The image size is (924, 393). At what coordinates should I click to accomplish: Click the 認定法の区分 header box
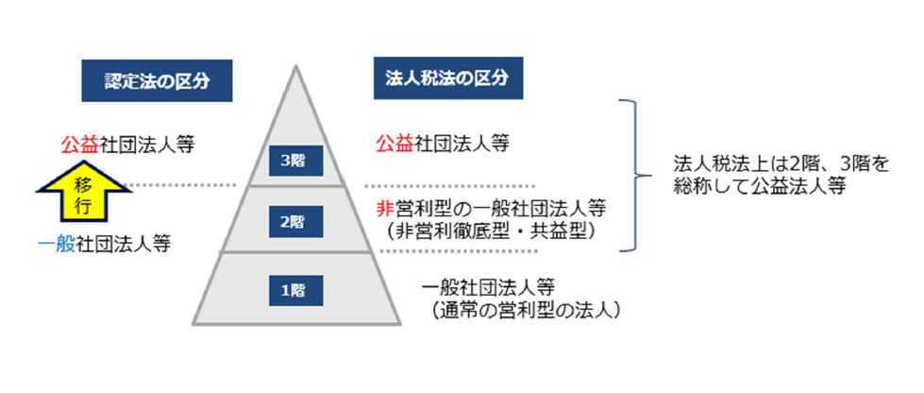pyautogui.click(x=157, y=81)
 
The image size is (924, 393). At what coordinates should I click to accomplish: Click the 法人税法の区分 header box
pyautogui.click(x=448, y=78)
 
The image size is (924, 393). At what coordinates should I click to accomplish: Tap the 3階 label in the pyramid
pyautogui.click(x=295, y=161)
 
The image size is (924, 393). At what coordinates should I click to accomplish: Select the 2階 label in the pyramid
pyautogui.click(x=295, y=221)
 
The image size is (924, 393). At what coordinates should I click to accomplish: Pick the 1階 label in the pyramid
pyautogui.click(x=295, y=290)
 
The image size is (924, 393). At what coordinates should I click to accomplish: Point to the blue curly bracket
pyautogui.click(x=636, y=176)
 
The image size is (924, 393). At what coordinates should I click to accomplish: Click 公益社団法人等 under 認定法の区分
pyautogui.click(x=127, y=144)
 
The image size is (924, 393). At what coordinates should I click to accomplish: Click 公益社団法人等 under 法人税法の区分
pyautogui.click(x=443, y=144)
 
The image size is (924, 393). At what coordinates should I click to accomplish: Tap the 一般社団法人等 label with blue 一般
pyautogui.click(x=104, y=244)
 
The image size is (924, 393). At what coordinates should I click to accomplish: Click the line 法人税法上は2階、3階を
pyautogui.click(x=781, y=164)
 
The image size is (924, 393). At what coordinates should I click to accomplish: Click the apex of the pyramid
pyautogui.click(x=295, y=66)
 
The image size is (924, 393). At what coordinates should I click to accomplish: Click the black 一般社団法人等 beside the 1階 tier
pyautogui.click(x=489, y=289)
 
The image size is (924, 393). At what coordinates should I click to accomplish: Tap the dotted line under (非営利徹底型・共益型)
pyautogui.click(x=459, y=251)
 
